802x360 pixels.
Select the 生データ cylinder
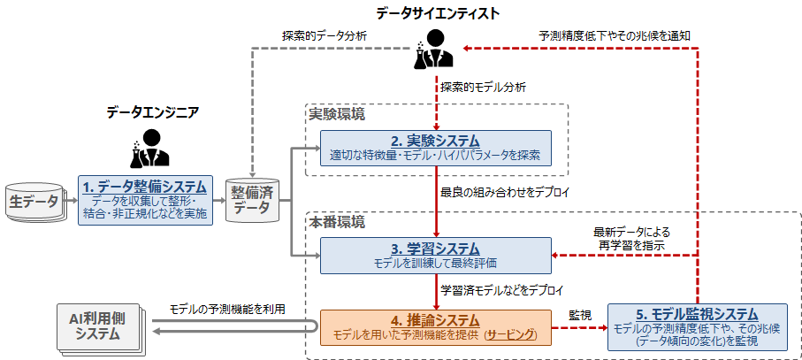click(x=34, y=202)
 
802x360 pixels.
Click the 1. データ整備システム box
click(x=146, y=199)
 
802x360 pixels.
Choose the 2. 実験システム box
click(x=434, y=148)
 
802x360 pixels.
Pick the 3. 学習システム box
click(x=434, y=255)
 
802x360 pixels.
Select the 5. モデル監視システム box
click(x=697, y=326)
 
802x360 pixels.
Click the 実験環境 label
click(x=336, y=114)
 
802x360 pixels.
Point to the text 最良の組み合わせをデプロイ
click(x=505, y=191)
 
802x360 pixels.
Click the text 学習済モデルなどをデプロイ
click(x=503, y=289)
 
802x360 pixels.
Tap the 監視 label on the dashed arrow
click(x=579, y=315)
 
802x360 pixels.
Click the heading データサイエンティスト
click(x=437, y=12)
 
